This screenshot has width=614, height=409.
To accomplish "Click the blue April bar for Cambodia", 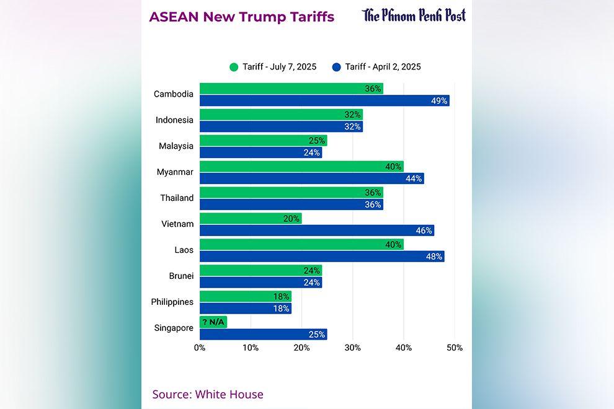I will tap(324, 100).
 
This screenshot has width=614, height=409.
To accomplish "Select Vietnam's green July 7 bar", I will tap(251, 218).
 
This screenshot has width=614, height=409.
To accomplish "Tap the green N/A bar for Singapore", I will tap(213, 322).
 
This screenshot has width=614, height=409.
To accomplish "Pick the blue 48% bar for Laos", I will tap(322, 257).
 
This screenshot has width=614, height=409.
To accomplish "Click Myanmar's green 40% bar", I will tap(301, 166).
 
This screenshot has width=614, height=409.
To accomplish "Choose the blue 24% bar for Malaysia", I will tap(260, 152).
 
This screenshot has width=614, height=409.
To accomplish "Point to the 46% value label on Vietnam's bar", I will tap(424, 231).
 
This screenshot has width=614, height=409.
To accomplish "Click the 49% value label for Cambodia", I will tap(440, 100).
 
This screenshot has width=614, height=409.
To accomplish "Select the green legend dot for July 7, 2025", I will tap(234, 67).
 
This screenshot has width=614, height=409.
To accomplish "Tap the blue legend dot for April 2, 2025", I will tap(337, 67).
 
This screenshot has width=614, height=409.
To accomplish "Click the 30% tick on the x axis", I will tap(353, 348).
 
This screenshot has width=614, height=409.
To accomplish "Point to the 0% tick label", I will tap(200, 348).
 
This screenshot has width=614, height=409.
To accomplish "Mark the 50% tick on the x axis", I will tap(455, 348).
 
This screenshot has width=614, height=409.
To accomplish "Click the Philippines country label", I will tap(172, 302).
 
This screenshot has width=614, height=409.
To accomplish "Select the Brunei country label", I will tap(181, 276).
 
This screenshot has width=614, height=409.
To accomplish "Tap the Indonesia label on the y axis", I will tap(174, 120).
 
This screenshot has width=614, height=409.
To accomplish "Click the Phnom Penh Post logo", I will tap(414, 15).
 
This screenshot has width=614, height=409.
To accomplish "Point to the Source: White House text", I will tap(208, 394).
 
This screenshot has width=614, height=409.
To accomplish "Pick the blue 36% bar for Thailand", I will tap(291, 205).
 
